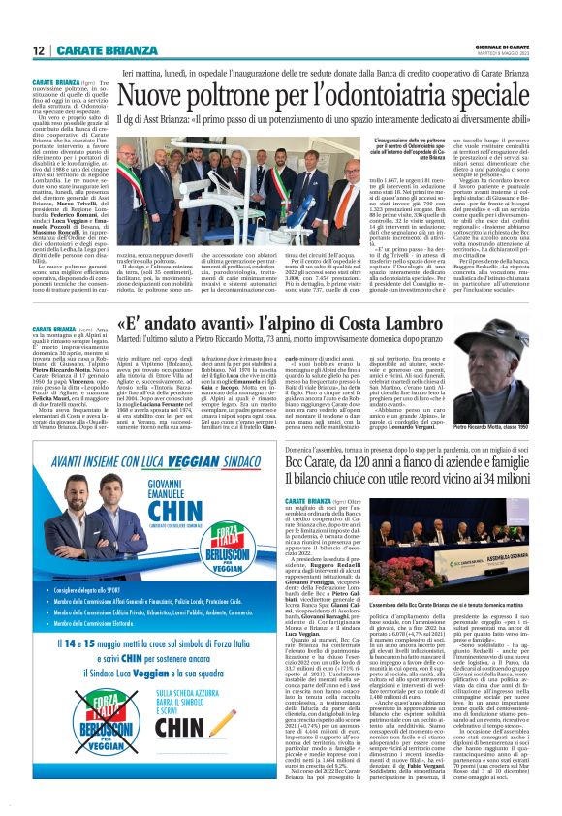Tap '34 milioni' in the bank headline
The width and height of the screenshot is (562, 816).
502,486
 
